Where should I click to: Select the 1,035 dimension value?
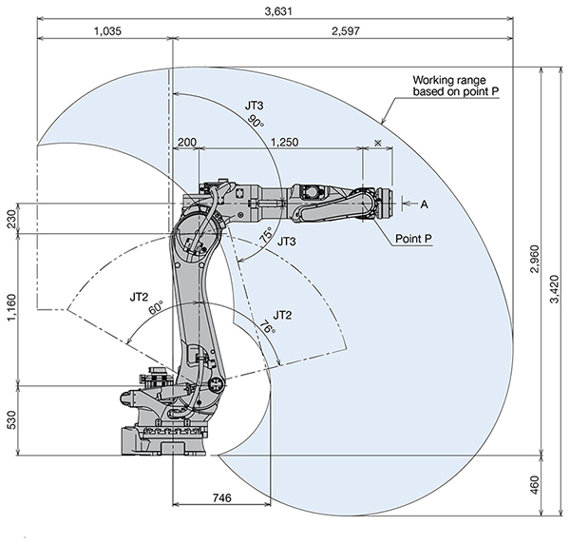click(108, 31)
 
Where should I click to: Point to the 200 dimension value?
click(186, 142)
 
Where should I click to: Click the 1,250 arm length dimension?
click(285, 142)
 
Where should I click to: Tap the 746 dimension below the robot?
click(220, 496)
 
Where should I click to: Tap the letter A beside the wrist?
click(424, 204)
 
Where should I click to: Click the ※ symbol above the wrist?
click(378, 142)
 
